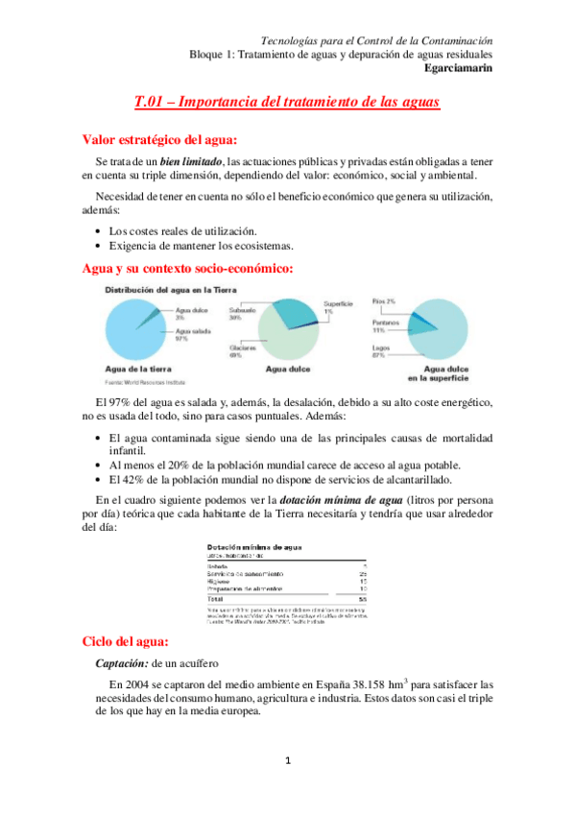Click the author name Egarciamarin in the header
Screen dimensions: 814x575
458,68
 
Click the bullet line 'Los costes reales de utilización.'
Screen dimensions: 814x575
182,230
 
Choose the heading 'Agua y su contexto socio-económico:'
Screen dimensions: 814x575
188,268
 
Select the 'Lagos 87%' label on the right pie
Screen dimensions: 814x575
383,351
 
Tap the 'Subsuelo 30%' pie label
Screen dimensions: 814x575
242,314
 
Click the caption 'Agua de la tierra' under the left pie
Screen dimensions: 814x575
138,368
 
